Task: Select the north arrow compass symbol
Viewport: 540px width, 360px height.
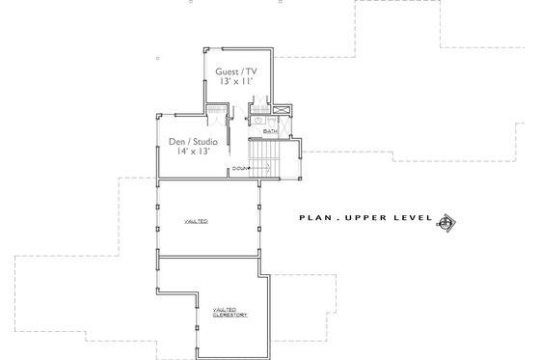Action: point(446,222)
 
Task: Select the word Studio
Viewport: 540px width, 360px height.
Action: point(205,141)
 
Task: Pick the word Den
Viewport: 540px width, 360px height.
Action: point(176,141)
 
